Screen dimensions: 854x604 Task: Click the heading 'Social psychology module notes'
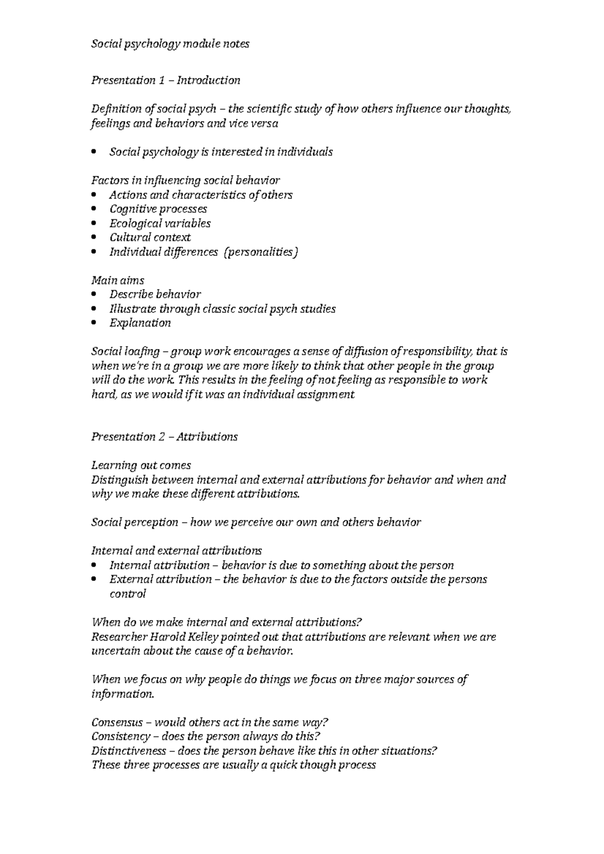click(170, 44)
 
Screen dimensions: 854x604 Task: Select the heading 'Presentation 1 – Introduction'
click(165, 80)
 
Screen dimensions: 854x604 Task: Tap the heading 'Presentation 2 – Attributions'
click(164, 437)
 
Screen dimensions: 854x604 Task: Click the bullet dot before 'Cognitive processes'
click(94, 209)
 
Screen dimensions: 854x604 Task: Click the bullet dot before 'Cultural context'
click(94, 238)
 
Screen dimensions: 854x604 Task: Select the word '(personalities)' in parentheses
click(261, 252)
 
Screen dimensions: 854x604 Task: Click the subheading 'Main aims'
click(117, 281)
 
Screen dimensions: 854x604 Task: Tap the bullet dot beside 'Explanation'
click(94, 323)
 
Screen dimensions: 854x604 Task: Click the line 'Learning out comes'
click(141, 465)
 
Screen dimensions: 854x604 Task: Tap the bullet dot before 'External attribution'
click(94, 580)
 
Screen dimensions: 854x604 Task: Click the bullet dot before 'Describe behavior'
click(94, 295)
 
